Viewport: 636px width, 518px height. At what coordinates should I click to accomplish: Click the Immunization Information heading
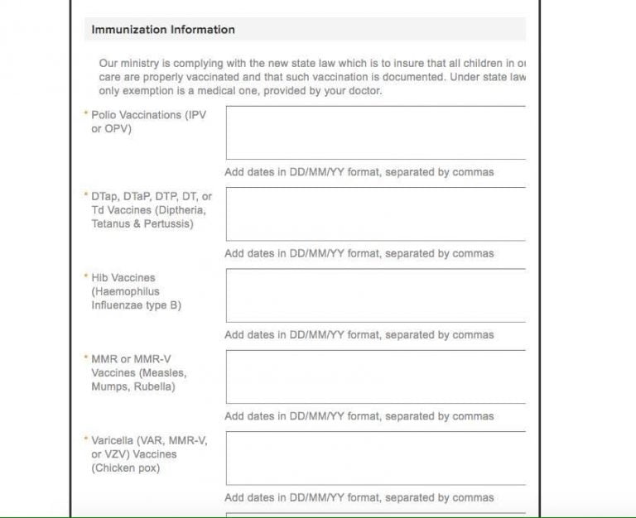tap(163, 30)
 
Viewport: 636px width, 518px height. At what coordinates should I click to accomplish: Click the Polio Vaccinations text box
tap(375, 132)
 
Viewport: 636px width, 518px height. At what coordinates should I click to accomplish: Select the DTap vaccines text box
tap(375, 213)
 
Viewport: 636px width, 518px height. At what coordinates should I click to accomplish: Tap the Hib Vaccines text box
tap(375, 295)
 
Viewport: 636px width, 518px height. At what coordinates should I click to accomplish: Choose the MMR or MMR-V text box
tap(375, 377)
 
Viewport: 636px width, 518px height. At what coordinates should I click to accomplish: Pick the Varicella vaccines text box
tap(375, 458)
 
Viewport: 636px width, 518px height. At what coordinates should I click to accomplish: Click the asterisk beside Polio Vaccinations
tap(86, 114)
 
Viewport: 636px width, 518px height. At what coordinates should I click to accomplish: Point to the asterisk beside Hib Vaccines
tap(86, 277)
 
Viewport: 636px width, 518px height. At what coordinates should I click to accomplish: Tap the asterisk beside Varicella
tap(86, 439)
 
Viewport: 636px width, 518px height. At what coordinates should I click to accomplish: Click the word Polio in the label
tap(104, 115)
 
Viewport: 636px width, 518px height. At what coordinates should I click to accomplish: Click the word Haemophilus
tap(125, 292)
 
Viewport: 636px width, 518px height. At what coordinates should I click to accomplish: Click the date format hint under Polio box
tap(359, 172)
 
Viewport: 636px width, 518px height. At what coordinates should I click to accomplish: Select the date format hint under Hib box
tap(359, 335)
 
